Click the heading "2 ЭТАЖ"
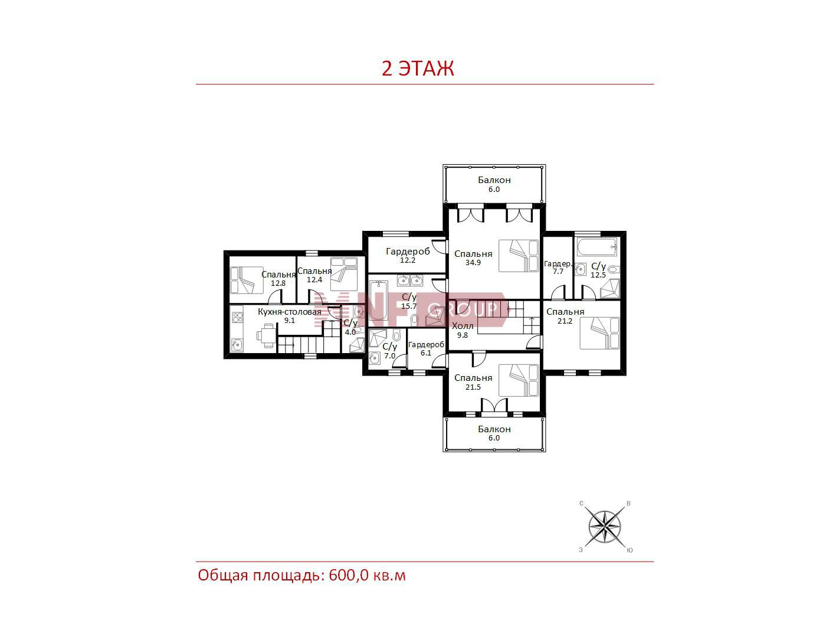(418, 68)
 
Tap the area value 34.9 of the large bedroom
(473, 263)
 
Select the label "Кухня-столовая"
(289, 312)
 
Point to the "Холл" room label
(463, 326)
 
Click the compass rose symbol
(605, 527)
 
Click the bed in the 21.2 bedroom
(599, 333)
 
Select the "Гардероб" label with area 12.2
(408, 251)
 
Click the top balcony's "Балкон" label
(494, 180)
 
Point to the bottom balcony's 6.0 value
(494, 438)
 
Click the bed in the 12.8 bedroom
(247, 280)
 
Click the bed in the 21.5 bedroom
(519, 380)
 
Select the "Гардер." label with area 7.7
(558, 264)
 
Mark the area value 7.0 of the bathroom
(389, 355)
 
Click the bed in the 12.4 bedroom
(344, 274)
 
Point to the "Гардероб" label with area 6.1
(426, 344)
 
